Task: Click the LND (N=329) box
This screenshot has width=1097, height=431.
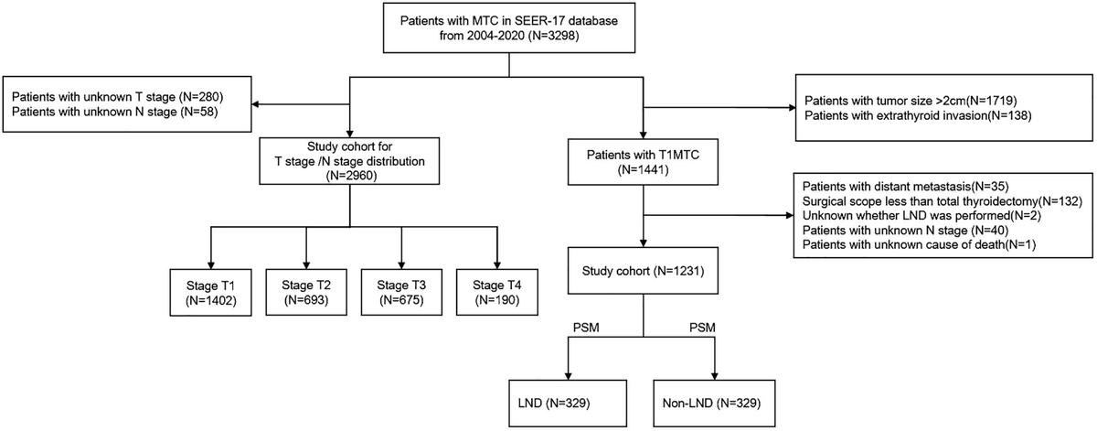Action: [568, 400]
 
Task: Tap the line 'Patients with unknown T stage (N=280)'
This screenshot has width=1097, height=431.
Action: [114, 96]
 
